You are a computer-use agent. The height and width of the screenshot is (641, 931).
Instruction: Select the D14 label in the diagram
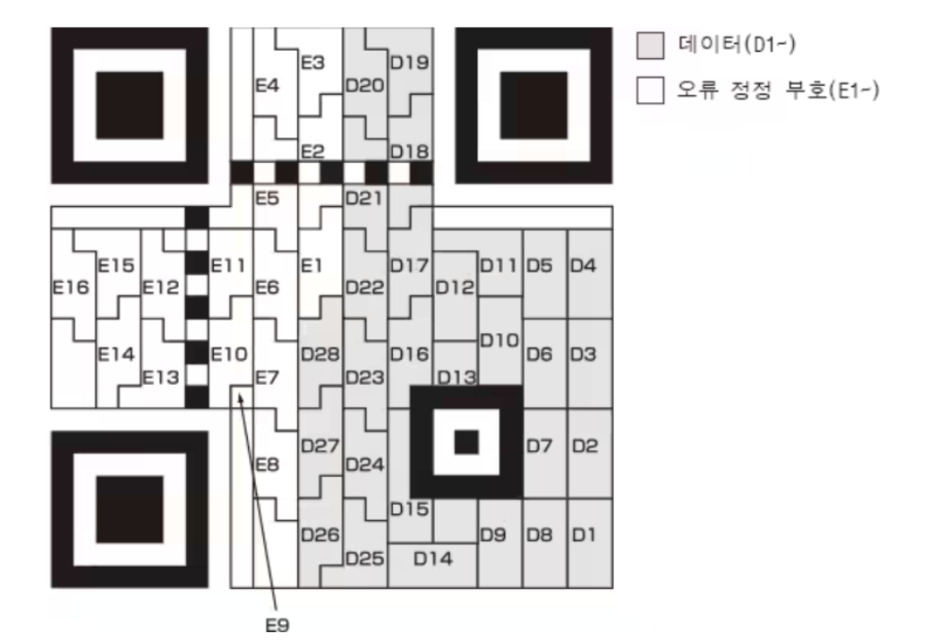[432, 558]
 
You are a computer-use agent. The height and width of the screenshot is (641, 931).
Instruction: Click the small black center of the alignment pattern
[466, 441]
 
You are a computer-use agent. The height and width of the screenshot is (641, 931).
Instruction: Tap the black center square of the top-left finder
[130, 105]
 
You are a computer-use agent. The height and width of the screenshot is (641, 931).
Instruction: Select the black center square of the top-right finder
[534, 105]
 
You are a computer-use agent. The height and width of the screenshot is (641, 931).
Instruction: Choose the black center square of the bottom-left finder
[130, 509]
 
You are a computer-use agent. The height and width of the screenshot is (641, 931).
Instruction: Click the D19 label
[410, 64]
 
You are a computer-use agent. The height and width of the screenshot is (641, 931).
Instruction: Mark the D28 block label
[320, 354]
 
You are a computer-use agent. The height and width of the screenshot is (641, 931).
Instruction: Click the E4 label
[268, 87]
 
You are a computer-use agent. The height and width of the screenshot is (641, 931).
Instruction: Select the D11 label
[499, 265]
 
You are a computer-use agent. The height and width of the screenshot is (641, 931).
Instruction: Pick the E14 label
[115, 354]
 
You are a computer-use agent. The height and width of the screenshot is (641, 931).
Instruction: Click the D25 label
[364, 558]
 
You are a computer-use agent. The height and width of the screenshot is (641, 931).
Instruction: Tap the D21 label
[364, 198]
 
